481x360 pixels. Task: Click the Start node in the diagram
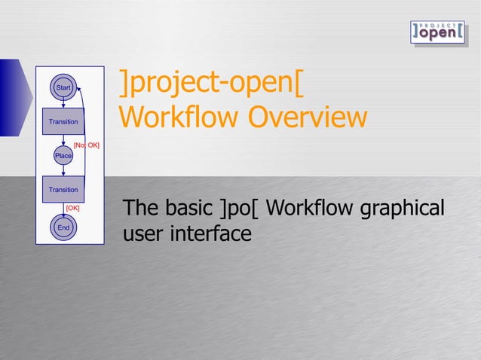pyautogui.click(x=63, y=89)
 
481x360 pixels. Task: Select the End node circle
pyautogui.click(x=63, y=227)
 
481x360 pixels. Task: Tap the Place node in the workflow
pyautogui.click(x=63, y=155)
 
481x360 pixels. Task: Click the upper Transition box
pyautogui.click(x=63, y=121)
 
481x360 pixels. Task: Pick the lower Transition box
pyautogui.click(x=63, y=190)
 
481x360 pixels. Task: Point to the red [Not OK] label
pyautogui.click(x=86, y=144)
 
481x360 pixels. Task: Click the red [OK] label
pyautogui.click(x=73, y=207)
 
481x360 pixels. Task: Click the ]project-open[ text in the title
pyautogui.click(x=212, y=85)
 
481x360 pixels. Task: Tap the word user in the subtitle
pyautogui.click(x=142, y=234)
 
